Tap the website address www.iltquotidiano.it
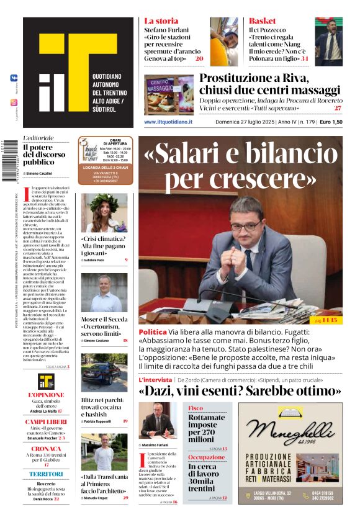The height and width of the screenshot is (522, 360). tap(168, 122)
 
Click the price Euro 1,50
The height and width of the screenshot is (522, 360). tap(331, 122)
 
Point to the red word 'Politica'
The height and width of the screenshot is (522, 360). tap(153, 332)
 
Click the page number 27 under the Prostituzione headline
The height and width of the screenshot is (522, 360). tap(337, 108)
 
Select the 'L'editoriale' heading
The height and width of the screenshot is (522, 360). tap(38, 138)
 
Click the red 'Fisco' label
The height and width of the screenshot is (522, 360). tap(196, 408)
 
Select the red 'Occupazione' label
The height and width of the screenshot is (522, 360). tap(207, 457)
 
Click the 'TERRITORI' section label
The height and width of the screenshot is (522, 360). tap(46, 474)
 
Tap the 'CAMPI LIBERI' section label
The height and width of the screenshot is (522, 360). tap(46, 422)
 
